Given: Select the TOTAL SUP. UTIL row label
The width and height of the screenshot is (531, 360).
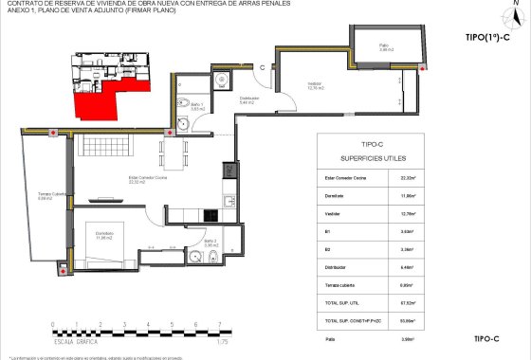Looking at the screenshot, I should pos(344,302).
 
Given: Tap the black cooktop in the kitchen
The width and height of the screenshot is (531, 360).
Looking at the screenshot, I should pos(229,171).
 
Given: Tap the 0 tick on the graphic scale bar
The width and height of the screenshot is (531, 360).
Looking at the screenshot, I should pos(54,324).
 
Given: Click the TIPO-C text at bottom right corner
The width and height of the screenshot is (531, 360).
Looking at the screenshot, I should pos(485,337).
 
